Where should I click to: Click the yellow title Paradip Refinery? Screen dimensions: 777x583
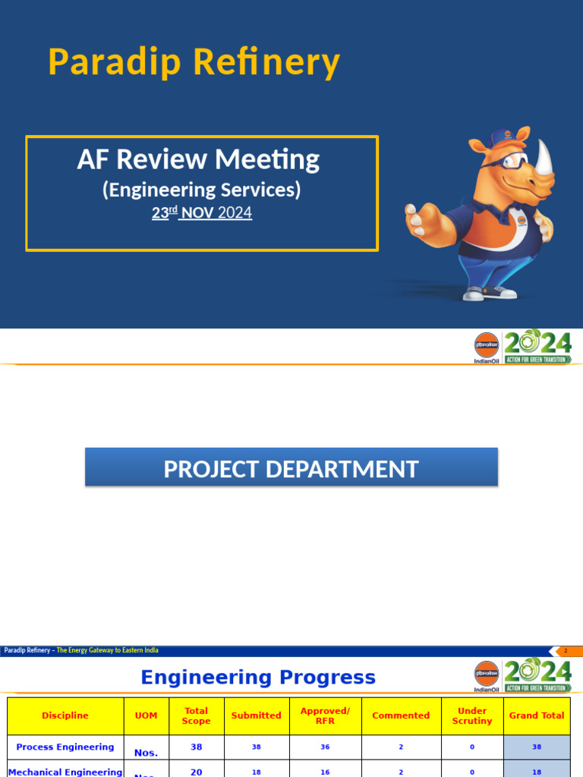(x=194, y=62)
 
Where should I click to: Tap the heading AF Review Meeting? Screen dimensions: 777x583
(x=198, y=159)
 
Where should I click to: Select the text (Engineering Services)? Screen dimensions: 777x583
(x=201, y=189)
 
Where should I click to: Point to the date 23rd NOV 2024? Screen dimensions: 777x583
(x=201, y=213)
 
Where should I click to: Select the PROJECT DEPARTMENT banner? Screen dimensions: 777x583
(x=291, y=469)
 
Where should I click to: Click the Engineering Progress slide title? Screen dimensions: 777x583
(x=258, y=678)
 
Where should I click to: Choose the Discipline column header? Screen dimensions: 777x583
(x=65, y=716)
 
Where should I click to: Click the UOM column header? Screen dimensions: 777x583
(x=146, y=716)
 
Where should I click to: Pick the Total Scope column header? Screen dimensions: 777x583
(x=196, y=716)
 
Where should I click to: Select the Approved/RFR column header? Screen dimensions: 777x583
(x=325, y=716)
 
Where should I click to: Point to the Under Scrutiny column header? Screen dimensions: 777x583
(x=471, y=716)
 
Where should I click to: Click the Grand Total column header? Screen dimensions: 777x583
(x=537, y=716)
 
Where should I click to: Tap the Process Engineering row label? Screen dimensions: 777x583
(x=65, y=747)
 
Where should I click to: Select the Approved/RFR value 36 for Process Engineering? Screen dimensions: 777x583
(x=325, y=747)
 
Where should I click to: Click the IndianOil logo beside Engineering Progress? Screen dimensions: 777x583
(x=487, y=675)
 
